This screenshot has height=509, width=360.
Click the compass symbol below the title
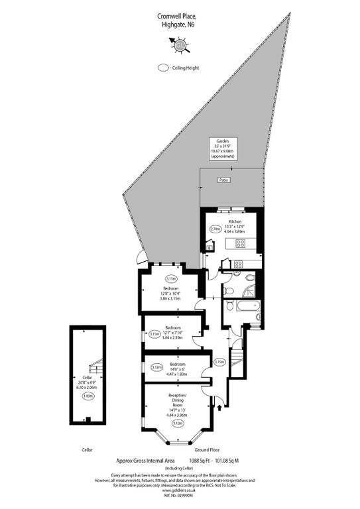tap(180, 44)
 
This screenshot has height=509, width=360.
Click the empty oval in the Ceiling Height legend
tap(162, 68)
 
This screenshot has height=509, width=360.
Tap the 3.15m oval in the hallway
tap(220, 362)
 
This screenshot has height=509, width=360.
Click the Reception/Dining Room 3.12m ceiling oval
tap(177, 423)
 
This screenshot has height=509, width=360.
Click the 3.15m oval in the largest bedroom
tap(171, 279)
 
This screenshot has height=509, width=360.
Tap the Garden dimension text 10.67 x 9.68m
tap(223, 151)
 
